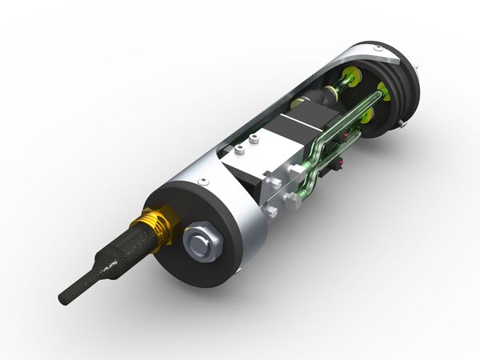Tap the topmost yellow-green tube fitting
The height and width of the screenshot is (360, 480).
pyautogui.click(x=348, y=78)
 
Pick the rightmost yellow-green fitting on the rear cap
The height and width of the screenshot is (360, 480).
pyautogui.click(x=385, y=92)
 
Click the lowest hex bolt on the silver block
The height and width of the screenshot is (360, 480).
pyautogui.click(x=271, y=211)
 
